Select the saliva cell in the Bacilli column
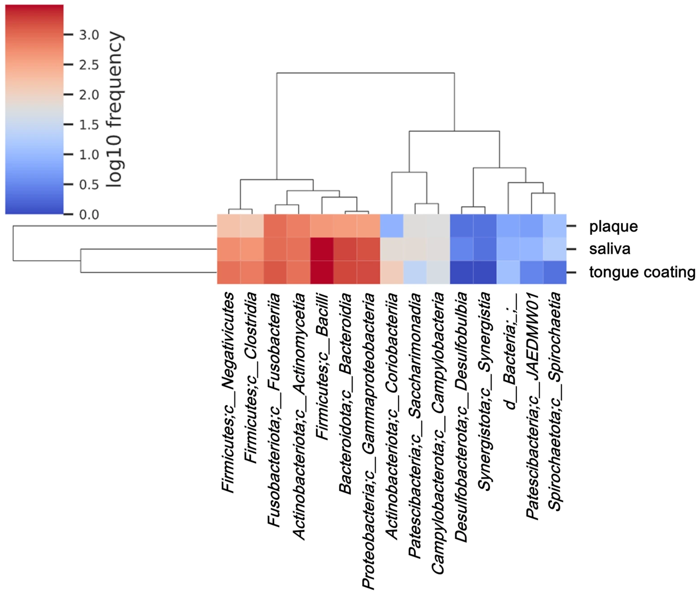[x=322, y=249]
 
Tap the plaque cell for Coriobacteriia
[x=392, y=226]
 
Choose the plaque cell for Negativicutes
[x=229, y=226]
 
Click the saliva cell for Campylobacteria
[x=438, y=249]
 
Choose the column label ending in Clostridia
[x=251, y=378]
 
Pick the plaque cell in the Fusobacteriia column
[x=275, y=226]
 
